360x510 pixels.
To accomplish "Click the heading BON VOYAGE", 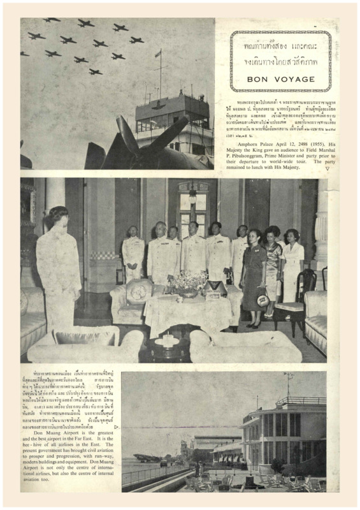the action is pos(280,80).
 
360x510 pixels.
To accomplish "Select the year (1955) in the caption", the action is pos(312,145).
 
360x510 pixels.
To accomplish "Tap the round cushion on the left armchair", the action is pos(139,291).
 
